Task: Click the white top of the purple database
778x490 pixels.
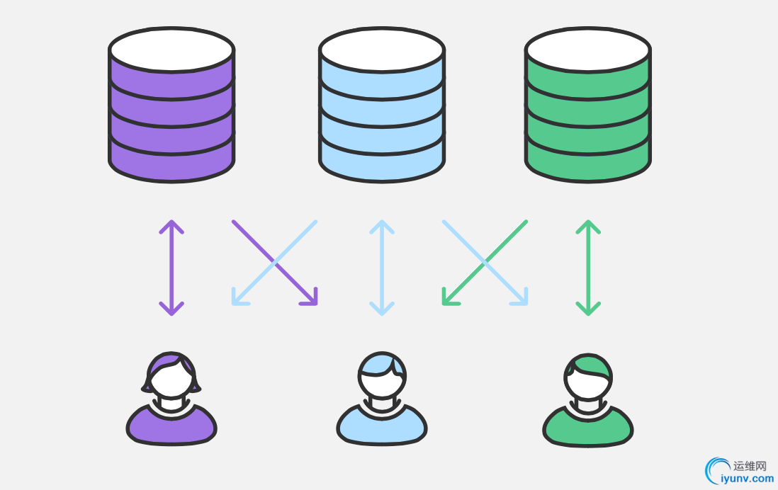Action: tap(171, 50)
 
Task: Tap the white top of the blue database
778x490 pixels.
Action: tap(381, 50)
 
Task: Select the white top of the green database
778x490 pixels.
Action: tap(588, 50)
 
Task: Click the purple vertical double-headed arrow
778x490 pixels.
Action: tap(171, 268)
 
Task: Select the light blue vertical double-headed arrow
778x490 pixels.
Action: tap(382, 268)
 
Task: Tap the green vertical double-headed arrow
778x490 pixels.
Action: tap(588, 268)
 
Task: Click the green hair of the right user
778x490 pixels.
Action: tap(590, 365)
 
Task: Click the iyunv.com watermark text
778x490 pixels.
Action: tap(747, 479)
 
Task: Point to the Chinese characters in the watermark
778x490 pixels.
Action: tap(750, 466)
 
